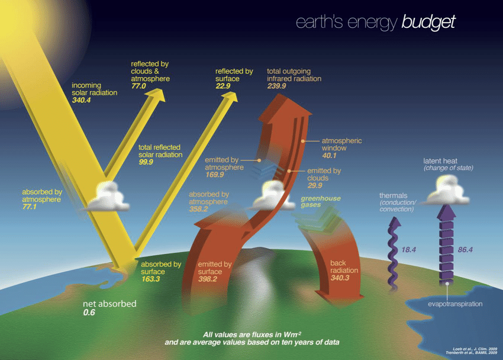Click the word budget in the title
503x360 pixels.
click(x=428, y=22)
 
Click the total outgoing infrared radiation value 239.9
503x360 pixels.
click(x=276, y=86)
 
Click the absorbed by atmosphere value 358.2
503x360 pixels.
click(x=199, y=208)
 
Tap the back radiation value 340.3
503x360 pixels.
click(x=340, y=277)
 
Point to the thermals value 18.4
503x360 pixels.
click(x=409, y=250)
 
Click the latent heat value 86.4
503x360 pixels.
click(x=466, y=250)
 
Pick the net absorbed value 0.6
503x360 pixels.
click(x=88, y=312)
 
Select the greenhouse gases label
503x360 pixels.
click(x=321, y=201)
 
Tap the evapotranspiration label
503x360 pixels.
click(x=455, y=304)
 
